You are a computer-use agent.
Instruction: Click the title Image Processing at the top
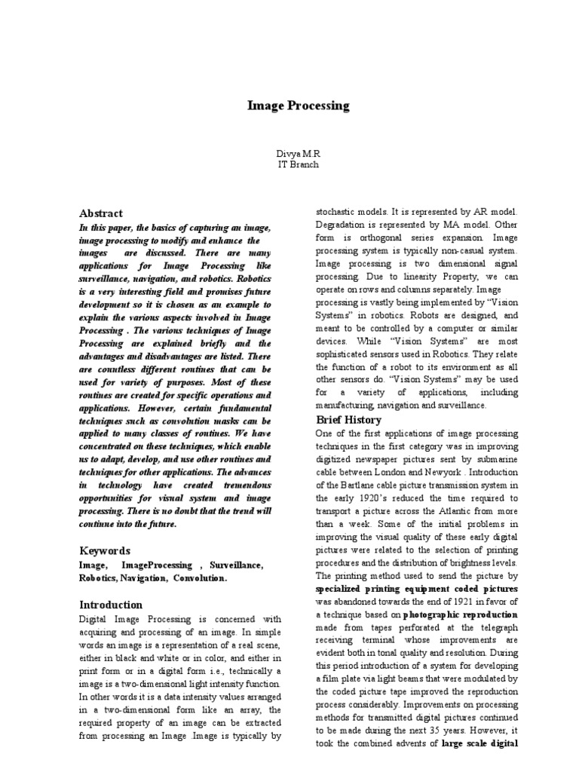299,106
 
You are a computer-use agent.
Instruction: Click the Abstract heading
101,213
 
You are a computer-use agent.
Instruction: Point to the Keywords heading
105,550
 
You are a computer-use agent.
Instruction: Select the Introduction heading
111,605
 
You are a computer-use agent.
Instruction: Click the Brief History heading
348,419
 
